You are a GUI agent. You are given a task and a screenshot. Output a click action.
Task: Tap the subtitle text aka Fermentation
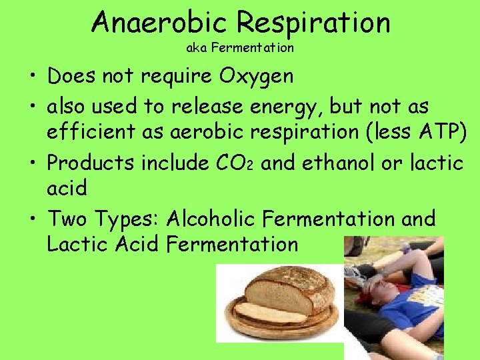click(240, 48)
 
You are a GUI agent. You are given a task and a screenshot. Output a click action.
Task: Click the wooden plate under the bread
click(280, 327)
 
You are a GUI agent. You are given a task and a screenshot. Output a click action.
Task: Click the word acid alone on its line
click(67, 188)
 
